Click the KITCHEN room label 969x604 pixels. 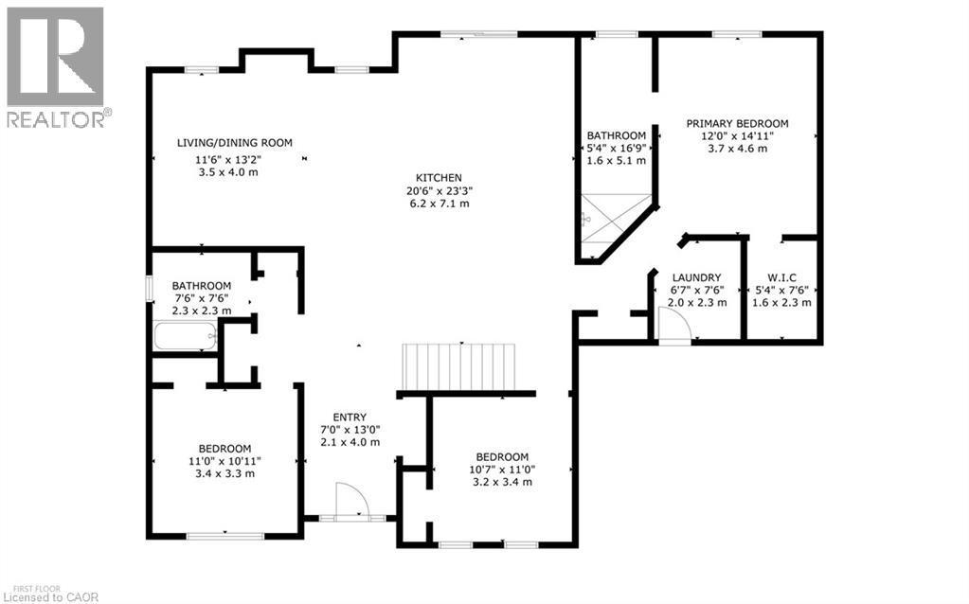click(439, 177)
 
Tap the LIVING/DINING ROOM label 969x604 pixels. click(234, 143)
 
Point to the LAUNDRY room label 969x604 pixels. click(697, 277)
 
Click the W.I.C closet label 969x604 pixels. click(781, 277)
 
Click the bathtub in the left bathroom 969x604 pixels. click(186, 336)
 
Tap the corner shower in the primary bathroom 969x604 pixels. click(610, 223)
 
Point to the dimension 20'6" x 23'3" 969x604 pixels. click(439, 190)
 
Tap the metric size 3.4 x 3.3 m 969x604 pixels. click(224, 473)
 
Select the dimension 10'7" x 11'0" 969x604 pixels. click(501, 469)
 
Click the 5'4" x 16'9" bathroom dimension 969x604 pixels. click(616, 148)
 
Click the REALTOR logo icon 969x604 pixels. click(55, 57)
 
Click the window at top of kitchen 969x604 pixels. click(479, 35)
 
